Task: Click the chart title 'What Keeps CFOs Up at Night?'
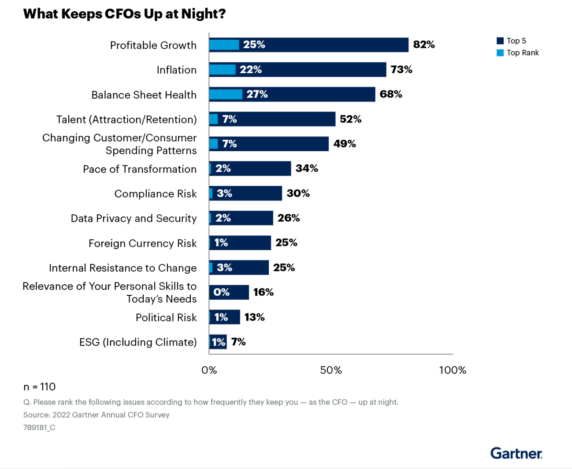click(124, 14)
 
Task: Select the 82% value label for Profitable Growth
click(423, 45)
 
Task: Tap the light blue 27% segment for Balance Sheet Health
click(226, 94)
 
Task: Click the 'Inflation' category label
click(176, 70)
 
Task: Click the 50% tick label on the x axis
click(331, 370)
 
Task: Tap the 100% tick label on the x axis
click(453, 370)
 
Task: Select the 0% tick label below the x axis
click(209, 370)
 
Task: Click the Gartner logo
click(516, 453)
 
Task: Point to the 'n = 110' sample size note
click(39, 387)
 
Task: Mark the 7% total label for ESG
click(238, 342)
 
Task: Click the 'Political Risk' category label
click(166, 317)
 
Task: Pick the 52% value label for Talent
click(350, 119)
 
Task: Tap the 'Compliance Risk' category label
click(156, 194)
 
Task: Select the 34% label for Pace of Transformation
click(307, 168)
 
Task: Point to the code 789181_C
click(39, 428)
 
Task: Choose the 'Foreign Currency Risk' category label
click(142, 243)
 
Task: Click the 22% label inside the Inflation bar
click(250, 70)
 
